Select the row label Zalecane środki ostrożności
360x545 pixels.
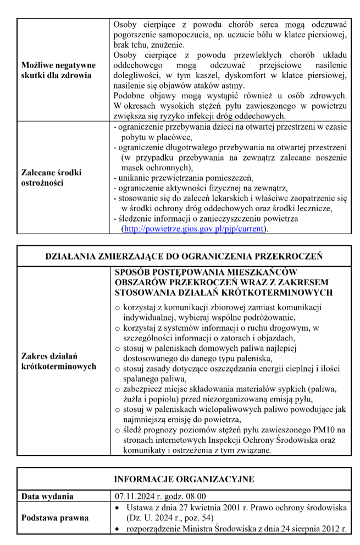point(50,178)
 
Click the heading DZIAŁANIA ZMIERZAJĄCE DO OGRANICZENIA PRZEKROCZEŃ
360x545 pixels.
point(183,256)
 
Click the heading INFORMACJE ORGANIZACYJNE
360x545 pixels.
point(184,479)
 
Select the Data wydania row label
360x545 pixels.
point(47,497)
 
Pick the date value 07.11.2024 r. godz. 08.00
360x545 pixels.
point(159,497)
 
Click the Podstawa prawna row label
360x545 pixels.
point(54,518)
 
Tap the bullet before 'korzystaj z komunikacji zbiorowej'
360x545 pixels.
point(117,307)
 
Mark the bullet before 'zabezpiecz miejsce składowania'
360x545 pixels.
point(117,389)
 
